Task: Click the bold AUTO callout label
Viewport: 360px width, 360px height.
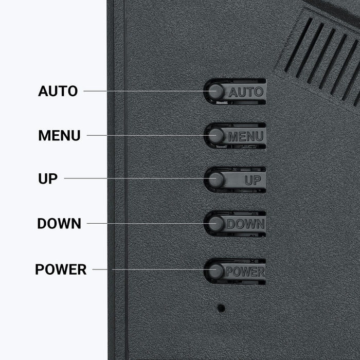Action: [x=58, y=91]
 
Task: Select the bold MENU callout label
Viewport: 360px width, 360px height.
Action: [x=60, y=135]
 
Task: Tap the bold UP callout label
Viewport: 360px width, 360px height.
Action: [x=48, y=178]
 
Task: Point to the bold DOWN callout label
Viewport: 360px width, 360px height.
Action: [x=59, y=223]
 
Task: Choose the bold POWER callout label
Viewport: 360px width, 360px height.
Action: [x=61, y=269]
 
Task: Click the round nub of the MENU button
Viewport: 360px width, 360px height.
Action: [x=216, y=135]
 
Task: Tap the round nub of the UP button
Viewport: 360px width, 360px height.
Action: [x=216, y=179]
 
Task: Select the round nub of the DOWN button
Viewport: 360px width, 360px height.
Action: [x=216, y=223]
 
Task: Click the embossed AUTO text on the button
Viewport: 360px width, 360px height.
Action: [x=246, y=92]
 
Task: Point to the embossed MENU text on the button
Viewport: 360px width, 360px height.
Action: [x=246, y=136]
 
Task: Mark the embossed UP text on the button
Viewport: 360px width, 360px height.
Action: [x=253, y=180]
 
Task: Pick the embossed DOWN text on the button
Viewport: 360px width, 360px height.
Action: [x=246, y=224]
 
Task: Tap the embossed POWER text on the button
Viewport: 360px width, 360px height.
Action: [x=245, y=272]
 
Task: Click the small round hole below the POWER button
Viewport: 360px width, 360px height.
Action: [x=221, y=308]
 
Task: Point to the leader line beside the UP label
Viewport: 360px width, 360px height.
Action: [x=139, y=178]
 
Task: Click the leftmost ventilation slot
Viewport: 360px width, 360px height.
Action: [x=298, y=45]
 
